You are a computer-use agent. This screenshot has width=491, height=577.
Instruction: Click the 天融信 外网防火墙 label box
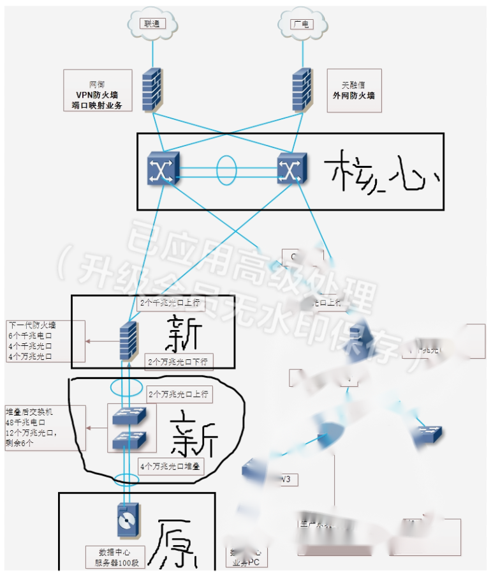tap(354, 91)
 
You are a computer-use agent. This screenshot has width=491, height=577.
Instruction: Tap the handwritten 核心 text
tap(380, 171)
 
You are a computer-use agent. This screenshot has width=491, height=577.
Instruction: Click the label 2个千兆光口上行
tap(168, 302)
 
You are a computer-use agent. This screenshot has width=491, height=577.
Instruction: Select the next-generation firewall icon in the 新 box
tap(128, 341)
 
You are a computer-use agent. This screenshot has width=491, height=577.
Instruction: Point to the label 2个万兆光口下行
tap(178, 362)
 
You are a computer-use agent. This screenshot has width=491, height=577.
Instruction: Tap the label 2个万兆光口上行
tap(178, 394)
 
